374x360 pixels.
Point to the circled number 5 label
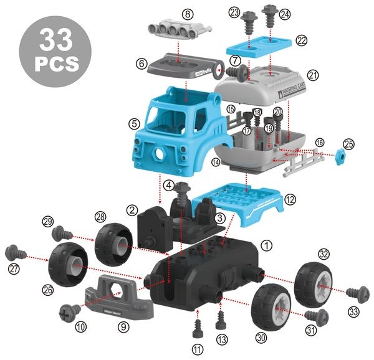coord(134,123)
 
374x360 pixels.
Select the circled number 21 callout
coord(314,75)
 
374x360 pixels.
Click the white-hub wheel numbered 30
coord(272,306)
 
